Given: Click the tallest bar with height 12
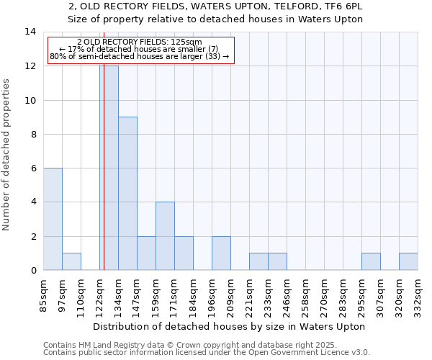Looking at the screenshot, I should point(109,168).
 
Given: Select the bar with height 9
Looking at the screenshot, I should point(127,194).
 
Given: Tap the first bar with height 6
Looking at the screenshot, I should point(53,219).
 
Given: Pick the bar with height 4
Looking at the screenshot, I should point(165,236).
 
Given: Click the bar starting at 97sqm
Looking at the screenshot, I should point(71,261).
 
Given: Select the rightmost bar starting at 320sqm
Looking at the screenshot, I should point(408,261).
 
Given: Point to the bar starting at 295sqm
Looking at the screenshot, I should point(371,261).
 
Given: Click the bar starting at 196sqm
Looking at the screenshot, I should point(221,253).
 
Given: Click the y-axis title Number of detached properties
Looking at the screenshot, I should point(7,155).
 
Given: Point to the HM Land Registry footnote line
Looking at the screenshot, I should point(190,345).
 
